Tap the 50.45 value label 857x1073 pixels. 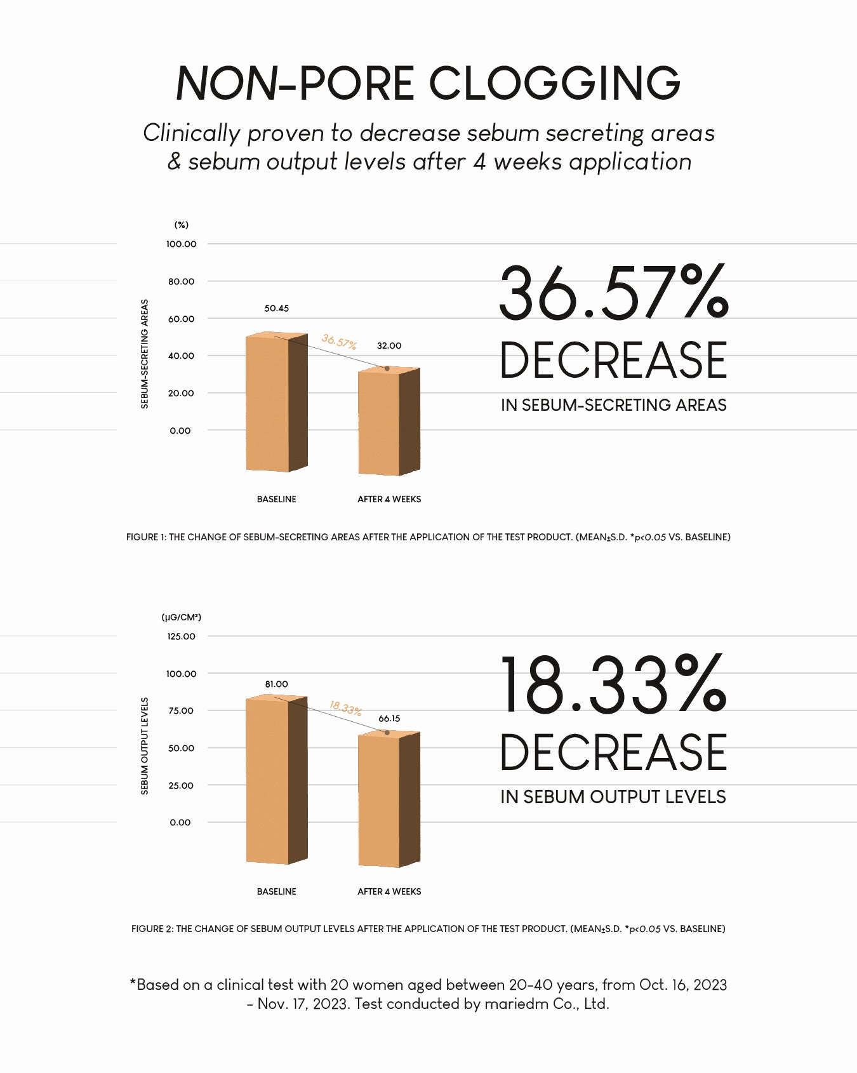coord(276,309)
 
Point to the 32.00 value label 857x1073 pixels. coord(389,346)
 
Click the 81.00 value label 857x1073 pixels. coord(276,684)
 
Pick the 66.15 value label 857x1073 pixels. coord(389,719)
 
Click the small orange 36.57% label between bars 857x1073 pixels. coord(338,342)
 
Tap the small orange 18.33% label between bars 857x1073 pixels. coord(345,707)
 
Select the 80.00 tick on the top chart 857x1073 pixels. coord(181,281)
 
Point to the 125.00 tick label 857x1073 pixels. coord(181,636)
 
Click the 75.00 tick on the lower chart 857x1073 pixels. coord(181,710)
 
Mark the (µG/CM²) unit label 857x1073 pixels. coord(181,617)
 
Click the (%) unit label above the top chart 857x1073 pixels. coord(182,225)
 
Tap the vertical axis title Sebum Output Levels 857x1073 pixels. coord(145,746)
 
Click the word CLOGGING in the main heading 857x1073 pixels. coord(554,83)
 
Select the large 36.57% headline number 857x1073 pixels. coord(613,293)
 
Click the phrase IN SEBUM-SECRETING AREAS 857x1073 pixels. coord(613,405)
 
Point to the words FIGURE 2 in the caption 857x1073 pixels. coord(152,929)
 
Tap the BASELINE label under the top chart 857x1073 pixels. coord(276,499)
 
